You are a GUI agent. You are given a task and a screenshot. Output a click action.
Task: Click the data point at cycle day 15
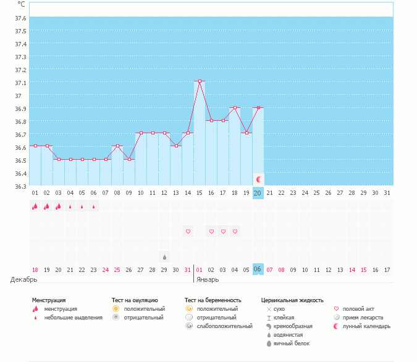click(200, 81)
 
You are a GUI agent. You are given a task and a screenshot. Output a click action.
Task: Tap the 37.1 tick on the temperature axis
click(20, 83)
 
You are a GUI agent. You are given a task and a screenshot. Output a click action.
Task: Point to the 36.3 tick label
click(20, 186)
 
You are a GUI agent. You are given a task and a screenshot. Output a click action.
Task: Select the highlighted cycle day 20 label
click(258, 193)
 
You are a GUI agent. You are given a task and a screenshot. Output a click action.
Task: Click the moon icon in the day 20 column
click(259, 179)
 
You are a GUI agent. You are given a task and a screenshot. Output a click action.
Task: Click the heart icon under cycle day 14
click(188, 231)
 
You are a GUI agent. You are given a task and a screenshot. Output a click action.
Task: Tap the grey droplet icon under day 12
click(164, 257)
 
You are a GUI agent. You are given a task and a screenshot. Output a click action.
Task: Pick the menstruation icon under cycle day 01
click(35, 207)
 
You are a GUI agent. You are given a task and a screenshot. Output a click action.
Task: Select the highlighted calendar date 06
click(258, 269)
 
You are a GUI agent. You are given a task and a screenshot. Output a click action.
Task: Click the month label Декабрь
click(24, 279)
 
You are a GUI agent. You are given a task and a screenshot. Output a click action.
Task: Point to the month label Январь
click(208, 279)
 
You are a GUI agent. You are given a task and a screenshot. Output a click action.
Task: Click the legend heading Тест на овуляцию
click(135, 300)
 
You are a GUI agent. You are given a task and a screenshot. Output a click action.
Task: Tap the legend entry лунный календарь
click(363, 326)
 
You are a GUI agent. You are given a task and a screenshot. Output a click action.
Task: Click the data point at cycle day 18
click(235, 107)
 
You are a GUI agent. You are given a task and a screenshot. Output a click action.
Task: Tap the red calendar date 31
click(188, 269)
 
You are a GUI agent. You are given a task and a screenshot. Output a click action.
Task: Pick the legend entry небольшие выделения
click(74, 318)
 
